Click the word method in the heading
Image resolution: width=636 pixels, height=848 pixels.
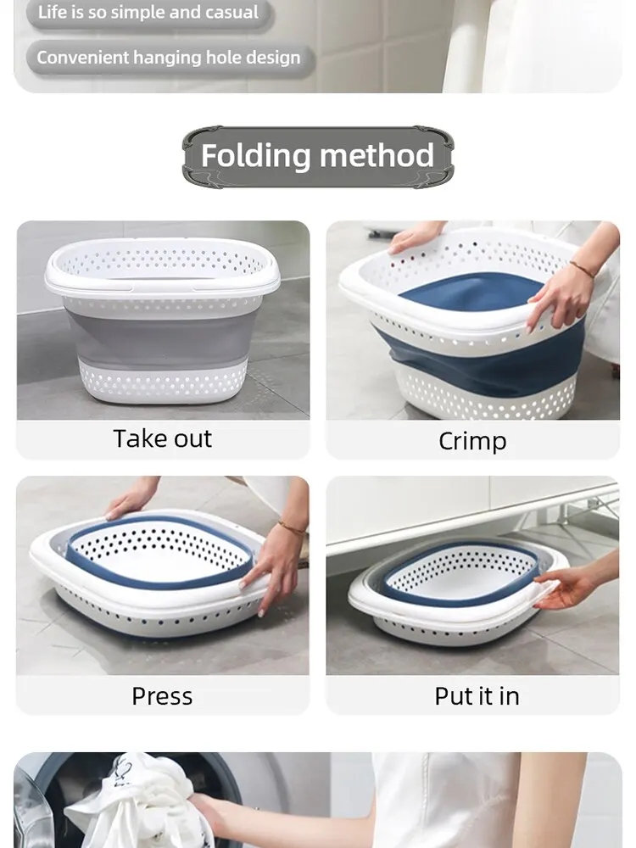377,155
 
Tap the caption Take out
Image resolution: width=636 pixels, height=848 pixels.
162,438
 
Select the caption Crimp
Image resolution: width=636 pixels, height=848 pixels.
472,441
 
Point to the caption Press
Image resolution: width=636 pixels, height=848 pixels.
162,696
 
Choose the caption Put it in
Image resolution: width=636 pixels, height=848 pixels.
477,696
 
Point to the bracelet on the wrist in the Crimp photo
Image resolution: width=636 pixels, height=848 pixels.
582,268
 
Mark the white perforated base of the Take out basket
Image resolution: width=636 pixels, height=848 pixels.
162,382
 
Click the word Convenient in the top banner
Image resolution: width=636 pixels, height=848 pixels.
82,58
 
